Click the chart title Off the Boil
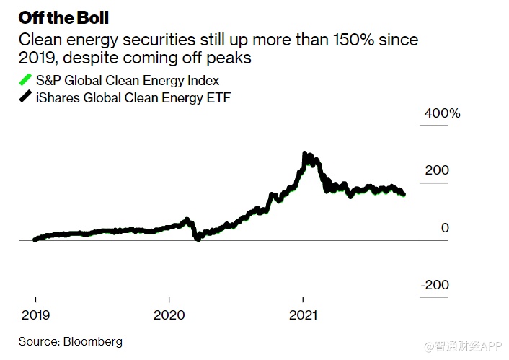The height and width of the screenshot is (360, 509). coord(63,15)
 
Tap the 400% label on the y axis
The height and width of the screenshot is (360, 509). coord(442,114)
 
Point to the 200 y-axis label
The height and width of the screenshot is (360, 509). coord(437,170)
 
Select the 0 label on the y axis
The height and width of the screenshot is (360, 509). coord(445,228)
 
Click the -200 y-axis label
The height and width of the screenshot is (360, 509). coord(435,285)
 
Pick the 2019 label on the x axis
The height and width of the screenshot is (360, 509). coord(35,315)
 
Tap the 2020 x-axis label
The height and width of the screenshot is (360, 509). coord(169,315)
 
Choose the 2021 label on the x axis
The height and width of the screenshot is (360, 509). coord(303,315)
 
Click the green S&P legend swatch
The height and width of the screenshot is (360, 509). coord(25,80)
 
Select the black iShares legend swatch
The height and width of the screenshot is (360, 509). coord(25,97)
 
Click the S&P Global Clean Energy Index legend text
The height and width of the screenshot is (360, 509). coord(128,81)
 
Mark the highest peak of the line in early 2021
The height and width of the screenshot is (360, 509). coord(304,154)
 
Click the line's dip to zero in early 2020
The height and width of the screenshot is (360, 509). coord(198,238)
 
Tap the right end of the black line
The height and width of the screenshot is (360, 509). coord(403,194)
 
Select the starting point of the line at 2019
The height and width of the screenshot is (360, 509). coord(35,240)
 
